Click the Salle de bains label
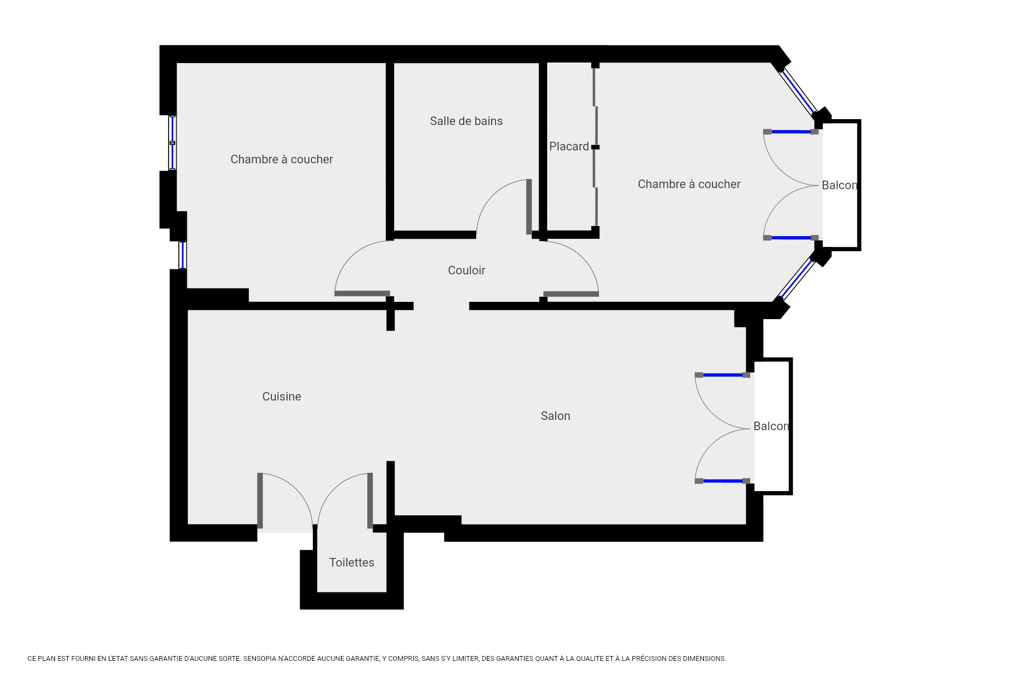coord(466,121)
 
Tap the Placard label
coord(569,147)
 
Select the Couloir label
coord(466,271)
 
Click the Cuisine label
coord(281,397)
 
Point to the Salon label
coord(555,416)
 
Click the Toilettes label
coord(352,563)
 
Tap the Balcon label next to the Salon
coord(771,426)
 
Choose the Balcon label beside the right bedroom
coord(839,185)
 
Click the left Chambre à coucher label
coord(282,160)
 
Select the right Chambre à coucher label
coord(689,184)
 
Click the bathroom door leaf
coord(529,207)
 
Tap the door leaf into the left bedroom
coord(362,294)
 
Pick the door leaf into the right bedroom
coord(571,294)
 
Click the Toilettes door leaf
coord(370,500)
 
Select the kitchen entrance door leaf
coord(260,500)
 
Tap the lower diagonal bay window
coord(797,279)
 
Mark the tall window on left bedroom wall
coord(172,143)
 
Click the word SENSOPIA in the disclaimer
coord(261,659)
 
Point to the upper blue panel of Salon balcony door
coord(723,375)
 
